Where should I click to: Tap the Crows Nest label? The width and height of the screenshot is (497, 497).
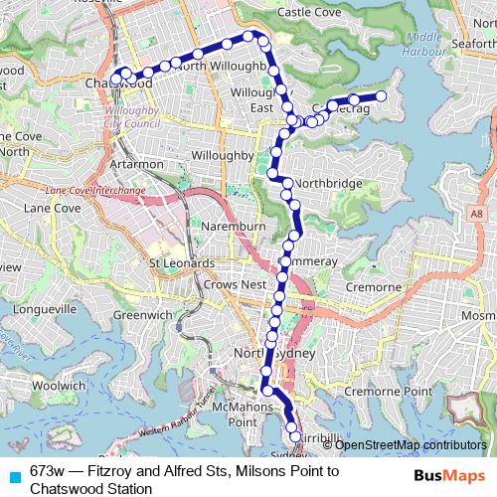207,284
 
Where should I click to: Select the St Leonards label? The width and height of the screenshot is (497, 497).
181,263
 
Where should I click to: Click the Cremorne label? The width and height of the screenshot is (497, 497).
373,287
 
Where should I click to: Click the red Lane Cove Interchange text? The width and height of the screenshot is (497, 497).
95,190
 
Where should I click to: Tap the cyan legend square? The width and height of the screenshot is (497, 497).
13,474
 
